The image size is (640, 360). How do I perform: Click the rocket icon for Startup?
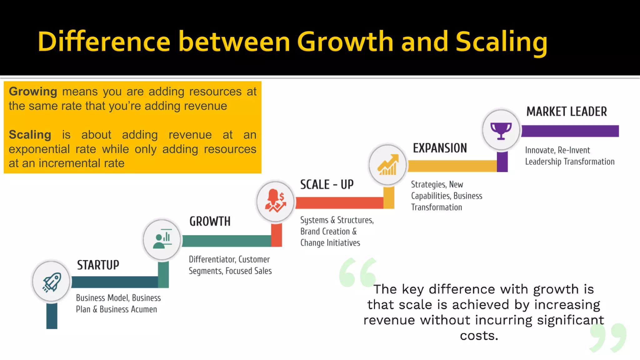pos(51,282)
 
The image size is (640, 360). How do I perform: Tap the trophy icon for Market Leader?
pos(501,130)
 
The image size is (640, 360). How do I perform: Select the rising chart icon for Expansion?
pos(387,165)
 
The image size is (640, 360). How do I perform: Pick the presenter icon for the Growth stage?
pos(162,240)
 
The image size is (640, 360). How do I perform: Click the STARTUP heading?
pos(98,265)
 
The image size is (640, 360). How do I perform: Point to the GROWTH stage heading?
pos(210,221)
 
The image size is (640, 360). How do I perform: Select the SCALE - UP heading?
pos(327,184)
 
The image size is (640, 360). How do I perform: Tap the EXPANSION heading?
pos(440,148)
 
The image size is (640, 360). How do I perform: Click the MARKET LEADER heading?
pos(567,112)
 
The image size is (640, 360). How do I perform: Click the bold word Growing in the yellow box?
pos(33,92)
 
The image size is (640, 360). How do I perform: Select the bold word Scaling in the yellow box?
pos(30,135)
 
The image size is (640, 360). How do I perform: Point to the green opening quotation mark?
pos(357,272)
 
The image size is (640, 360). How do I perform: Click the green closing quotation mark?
pos(608,337)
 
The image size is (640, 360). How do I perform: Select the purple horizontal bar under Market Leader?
pos(570,131)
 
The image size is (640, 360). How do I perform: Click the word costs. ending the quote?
pos(479,336)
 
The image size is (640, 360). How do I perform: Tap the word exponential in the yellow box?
pos(39,149)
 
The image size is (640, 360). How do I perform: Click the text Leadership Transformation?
pos(570,162)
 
